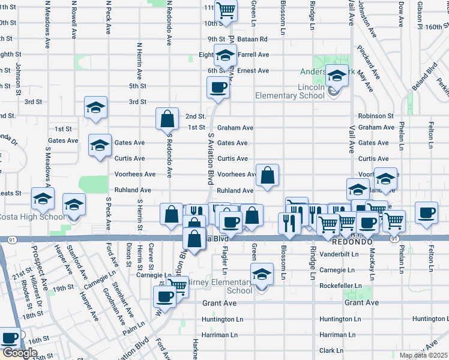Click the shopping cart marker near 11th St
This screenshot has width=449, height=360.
[226, 10]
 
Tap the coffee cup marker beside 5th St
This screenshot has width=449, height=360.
[218, 88]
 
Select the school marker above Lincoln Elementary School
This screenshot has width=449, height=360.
[336, 76]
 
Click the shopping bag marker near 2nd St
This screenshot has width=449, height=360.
[167, 119]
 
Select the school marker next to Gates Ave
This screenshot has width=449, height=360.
[100, 145]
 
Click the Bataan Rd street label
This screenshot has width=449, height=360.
[255, 39]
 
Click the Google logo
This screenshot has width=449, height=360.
[19, 353]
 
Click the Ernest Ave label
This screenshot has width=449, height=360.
[253, 71]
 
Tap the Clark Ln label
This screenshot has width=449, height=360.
[331, 350]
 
